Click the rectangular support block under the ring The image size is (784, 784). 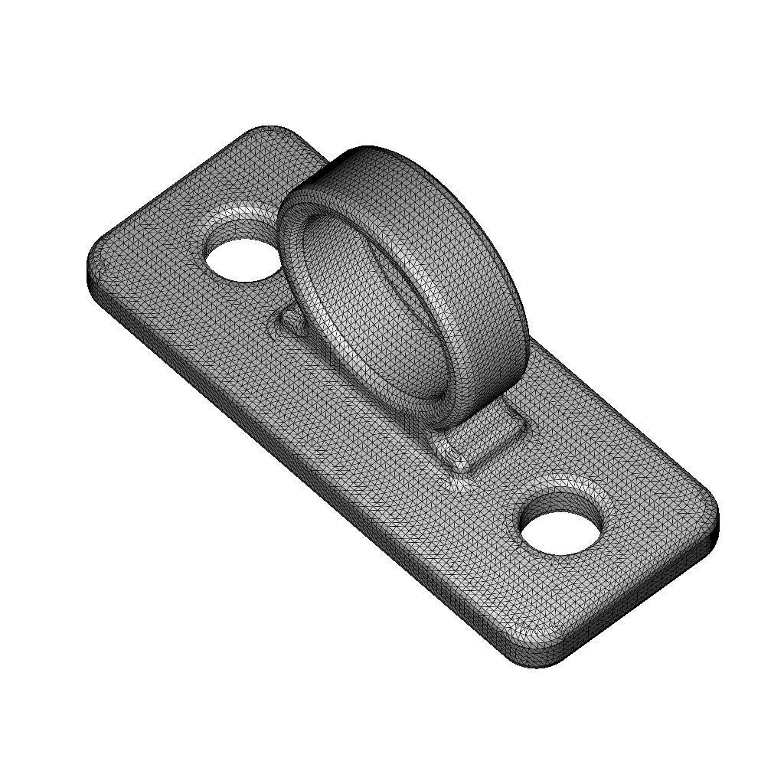(482, 440)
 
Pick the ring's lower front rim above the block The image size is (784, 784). (452, 406)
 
